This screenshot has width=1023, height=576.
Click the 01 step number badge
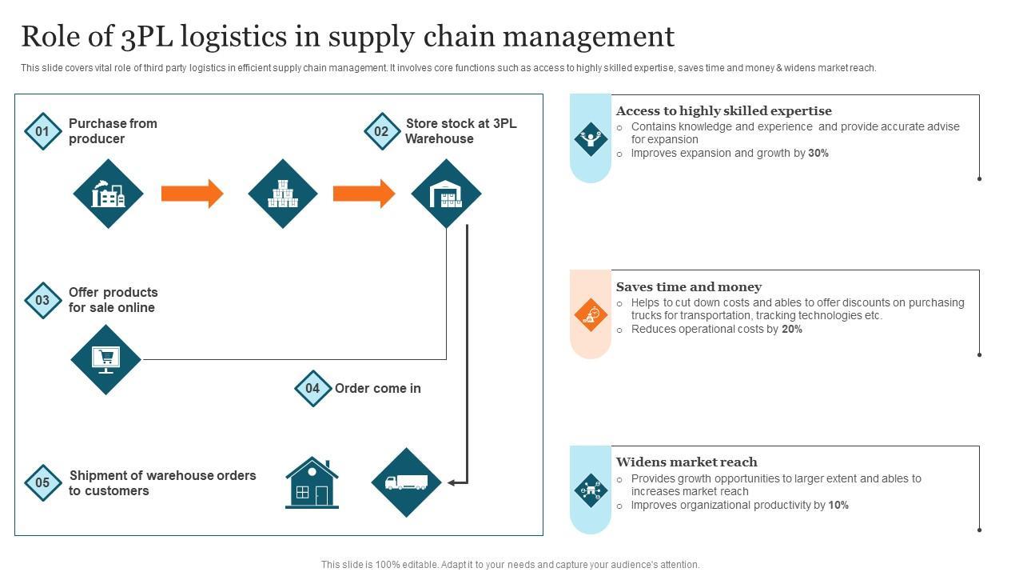click(x=42, y=131)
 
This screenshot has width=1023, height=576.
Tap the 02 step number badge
click(x=382, y=131)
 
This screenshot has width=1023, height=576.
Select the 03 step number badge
click(x=42, y=301)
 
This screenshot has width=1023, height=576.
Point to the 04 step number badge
click(x=312, y=389)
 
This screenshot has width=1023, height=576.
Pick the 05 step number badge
click(x=42, y=483)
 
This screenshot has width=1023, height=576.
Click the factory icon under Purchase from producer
click(x=108, y=194)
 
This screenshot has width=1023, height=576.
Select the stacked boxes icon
click(x=282, y=194)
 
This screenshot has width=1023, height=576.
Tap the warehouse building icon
click(x=446, y=194)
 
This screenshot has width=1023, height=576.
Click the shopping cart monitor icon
click(x=105, y=359)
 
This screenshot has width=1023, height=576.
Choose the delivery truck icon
click(x=406, y=482)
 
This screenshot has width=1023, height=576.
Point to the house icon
click(x=312, y=482)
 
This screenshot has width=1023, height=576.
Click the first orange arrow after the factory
click(x=192, y=194)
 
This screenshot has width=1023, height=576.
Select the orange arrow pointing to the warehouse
click(x=364, y=194)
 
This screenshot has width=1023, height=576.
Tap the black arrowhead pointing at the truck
click(x=452, y=482)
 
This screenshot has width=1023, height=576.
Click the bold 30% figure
click(x=818, y=153)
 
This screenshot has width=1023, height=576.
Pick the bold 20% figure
click(x=792, y=329)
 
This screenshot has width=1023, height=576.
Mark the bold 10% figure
click(x=838, y=505)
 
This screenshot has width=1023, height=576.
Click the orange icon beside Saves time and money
click(x=591, y=314)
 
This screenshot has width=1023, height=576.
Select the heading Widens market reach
click(x=687, y=462)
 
